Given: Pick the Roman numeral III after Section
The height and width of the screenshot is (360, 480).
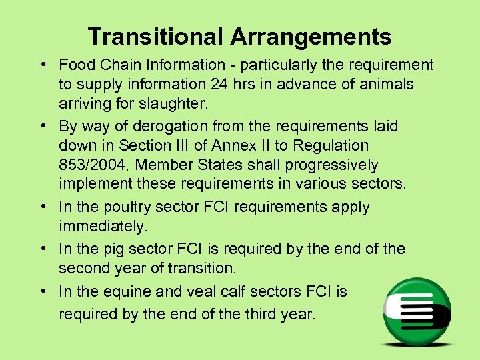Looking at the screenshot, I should click(x=203, y=145).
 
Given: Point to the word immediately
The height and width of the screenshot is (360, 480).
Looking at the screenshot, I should click(x=102, y=227).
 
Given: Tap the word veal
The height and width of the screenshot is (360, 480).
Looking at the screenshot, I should click(x=201, y=291).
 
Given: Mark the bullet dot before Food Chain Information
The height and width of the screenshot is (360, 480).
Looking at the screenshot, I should click(x=42, y=65).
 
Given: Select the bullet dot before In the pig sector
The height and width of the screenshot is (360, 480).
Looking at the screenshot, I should click(x=42, y=249).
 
